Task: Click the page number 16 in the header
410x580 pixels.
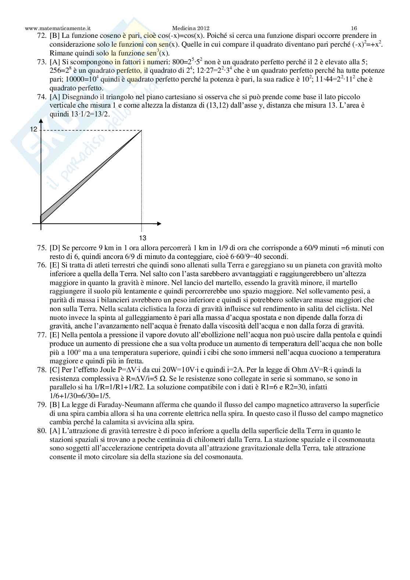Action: point(354,28)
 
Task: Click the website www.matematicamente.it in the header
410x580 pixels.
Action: point(58,28)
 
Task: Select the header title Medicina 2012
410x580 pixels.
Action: point(190,28)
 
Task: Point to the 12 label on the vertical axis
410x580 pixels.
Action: point(34,129)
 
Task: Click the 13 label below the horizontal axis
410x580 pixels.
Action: point(143,238)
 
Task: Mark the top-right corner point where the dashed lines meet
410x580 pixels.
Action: point(142,130)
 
